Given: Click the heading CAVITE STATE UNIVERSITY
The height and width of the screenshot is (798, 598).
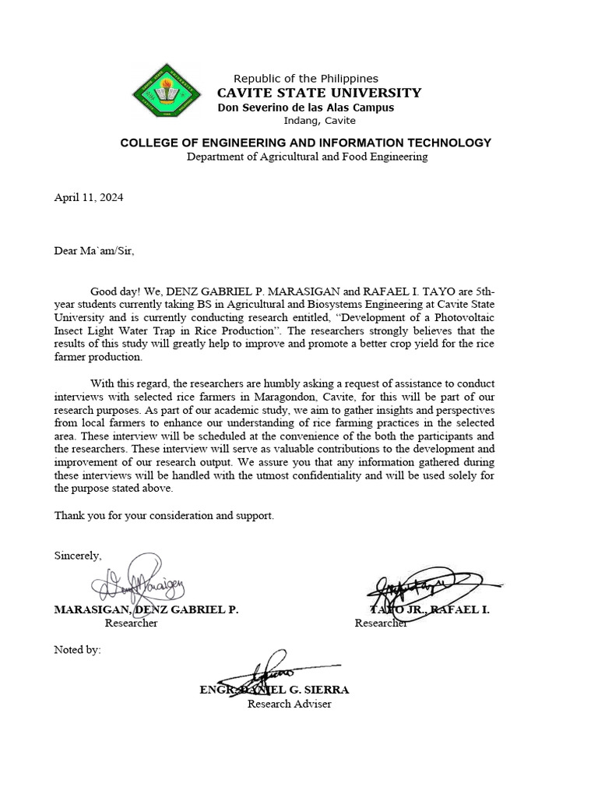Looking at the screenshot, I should click(x=318, y=93).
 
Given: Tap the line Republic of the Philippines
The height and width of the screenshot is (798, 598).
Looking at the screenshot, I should click(x=306, y=78).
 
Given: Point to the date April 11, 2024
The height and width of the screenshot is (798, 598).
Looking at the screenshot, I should click(x=88, y=197).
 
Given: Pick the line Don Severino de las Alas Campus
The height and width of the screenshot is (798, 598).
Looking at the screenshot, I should click(x=306, y=108).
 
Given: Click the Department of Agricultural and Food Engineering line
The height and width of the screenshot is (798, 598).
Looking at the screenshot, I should click(x=307, y=157).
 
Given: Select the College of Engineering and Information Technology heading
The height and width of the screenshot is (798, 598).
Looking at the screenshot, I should click(x=305, y=143).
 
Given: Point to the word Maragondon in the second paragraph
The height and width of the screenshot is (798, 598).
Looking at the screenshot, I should click(x=283, y=396).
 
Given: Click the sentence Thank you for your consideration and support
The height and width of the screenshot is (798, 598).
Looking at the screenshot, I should click(x=164, y=515).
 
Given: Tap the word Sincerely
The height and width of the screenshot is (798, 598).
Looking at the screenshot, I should click(x=77, y=555).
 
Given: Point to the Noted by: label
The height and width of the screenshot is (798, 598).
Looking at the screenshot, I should click(x=77, y=649).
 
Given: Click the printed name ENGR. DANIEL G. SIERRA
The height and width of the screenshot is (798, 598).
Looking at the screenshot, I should click(x=275, y=690).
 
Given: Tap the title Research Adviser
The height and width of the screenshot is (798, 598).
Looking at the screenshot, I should click(x=289, y=704).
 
